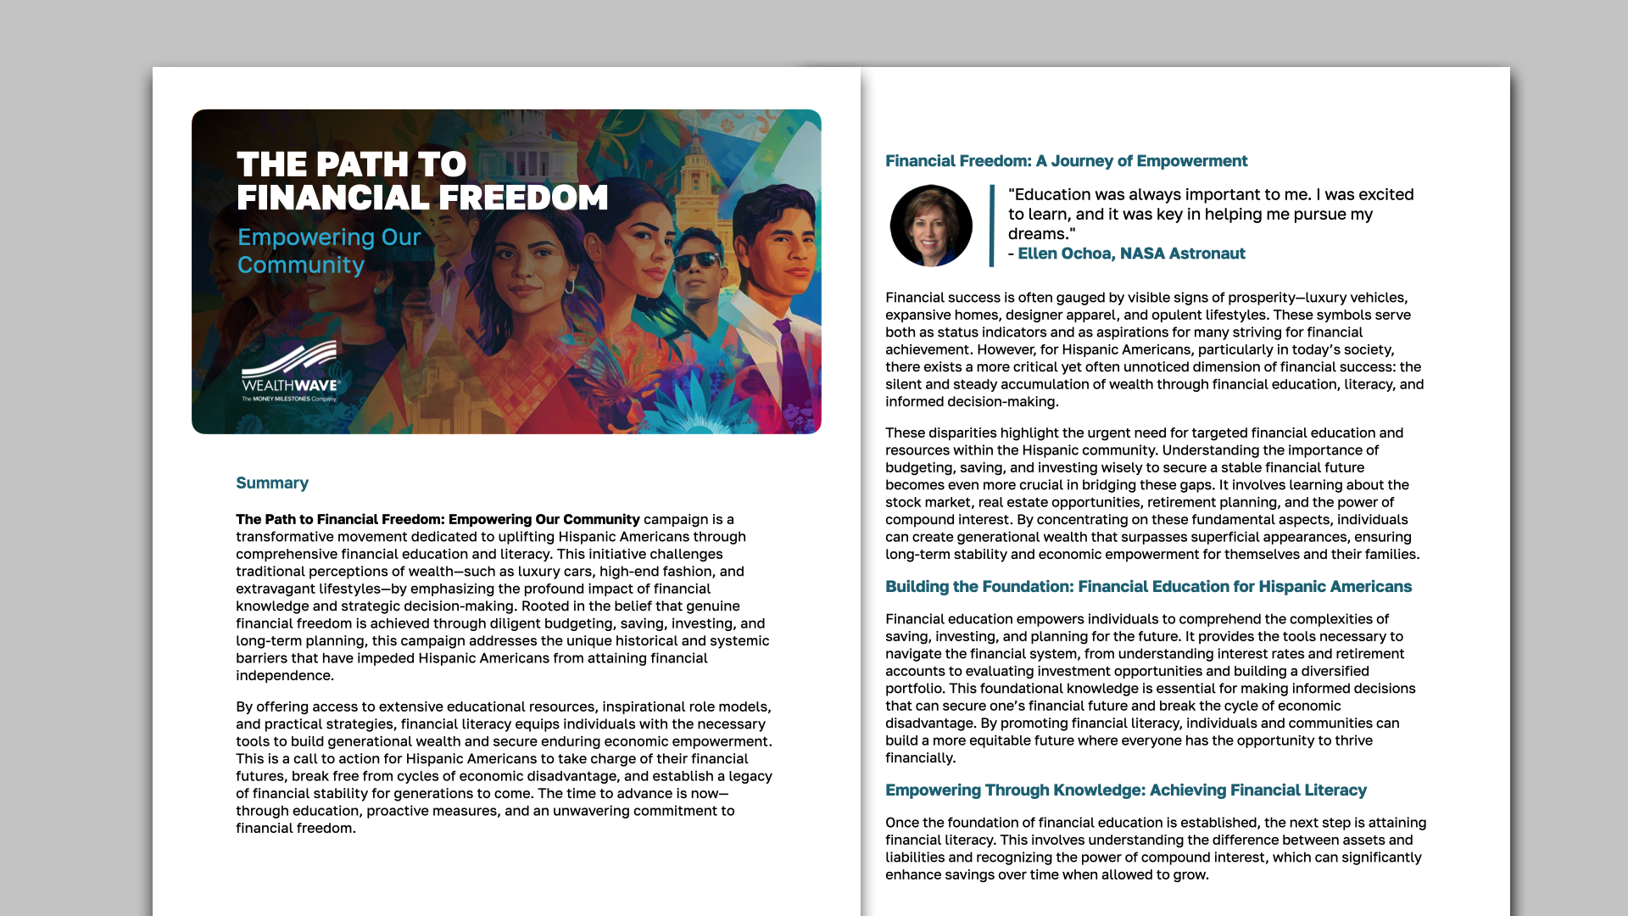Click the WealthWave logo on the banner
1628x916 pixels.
coord(290,371)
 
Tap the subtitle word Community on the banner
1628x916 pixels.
coord(301,265)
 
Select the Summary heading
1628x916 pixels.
coord(272,483)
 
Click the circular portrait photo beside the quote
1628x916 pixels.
coord(930,226)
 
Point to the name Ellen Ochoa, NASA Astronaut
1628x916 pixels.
coord(1131,254)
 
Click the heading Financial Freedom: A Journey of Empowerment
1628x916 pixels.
coord(1066,161)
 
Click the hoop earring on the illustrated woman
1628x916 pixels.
coord(570,286)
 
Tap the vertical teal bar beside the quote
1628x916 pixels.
coord(991,226)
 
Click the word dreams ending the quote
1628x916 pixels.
coord(1039,234)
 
